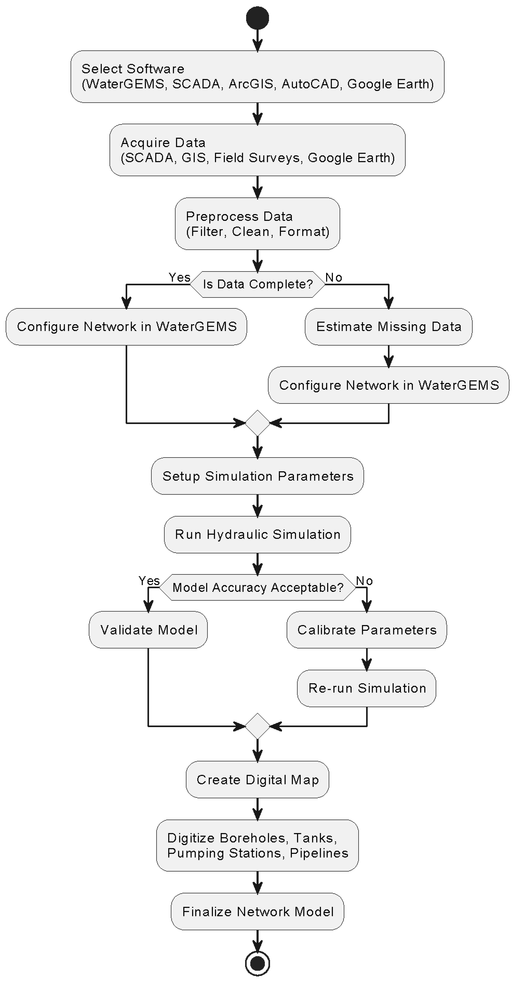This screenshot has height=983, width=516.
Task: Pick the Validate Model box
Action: [148, 630]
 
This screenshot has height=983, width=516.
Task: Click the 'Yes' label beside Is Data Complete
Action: [179, 277]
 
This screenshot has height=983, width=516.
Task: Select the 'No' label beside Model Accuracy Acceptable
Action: [364, 581]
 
